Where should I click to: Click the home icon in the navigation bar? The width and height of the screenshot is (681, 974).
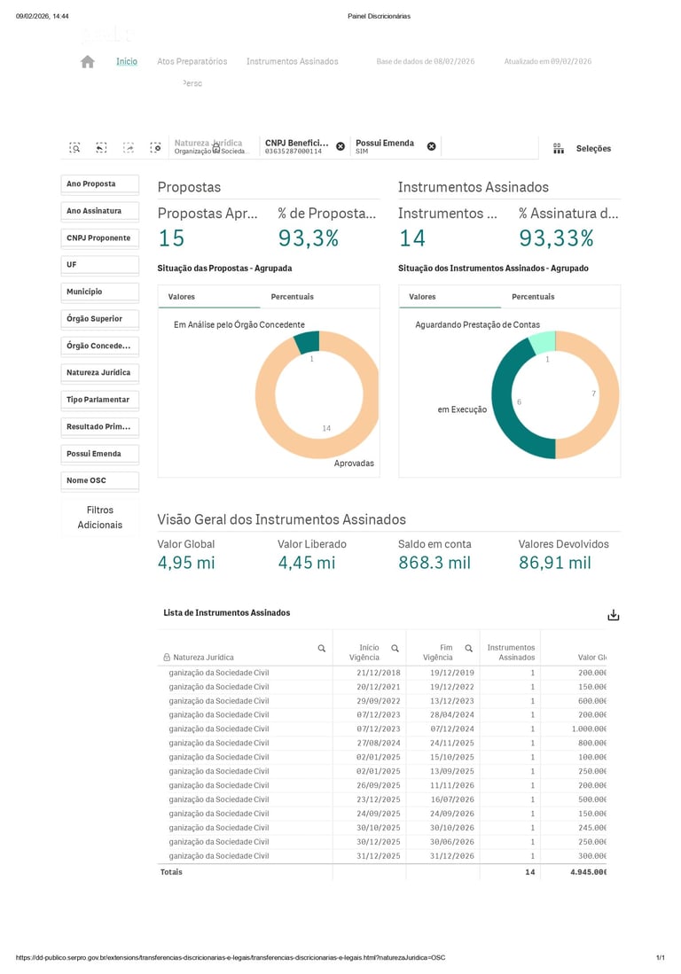tap(87, 62)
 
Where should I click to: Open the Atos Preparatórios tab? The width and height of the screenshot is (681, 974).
tap(192, 62)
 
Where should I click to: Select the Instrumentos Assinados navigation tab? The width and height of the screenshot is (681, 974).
tap(292, 62)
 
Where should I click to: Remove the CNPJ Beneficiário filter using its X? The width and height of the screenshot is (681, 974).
tap(340, 146)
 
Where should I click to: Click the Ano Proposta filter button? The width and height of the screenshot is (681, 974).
tap(100, 184)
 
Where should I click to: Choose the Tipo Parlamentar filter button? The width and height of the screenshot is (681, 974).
tap(100, 400)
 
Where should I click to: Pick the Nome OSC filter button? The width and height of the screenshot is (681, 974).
tap(100, 480)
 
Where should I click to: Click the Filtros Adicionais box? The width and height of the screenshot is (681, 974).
tap(100, 518)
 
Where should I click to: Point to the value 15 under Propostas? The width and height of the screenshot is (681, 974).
tap(171, 238)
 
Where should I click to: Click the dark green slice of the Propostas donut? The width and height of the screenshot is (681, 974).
tap(307, 341)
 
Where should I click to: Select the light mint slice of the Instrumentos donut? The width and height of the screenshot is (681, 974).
tap(543, 342)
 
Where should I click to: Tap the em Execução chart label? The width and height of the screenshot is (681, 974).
tap(462, 409)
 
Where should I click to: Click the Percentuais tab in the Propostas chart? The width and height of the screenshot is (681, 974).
tap(292, 297)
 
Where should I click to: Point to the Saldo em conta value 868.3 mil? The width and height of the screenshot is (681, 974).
tap(434, 563)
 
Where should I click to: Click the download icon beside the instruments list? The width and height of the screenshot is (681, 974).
tap(613, 615)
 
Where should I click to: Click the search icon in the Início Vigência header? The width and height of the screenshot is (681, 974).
tap(395, 649)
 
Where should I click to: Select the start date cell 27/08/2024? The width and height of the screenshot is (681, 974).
tap(379, 743)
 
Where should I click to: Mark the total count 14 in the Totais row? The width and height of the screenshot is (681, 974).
tap(529, 872)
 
